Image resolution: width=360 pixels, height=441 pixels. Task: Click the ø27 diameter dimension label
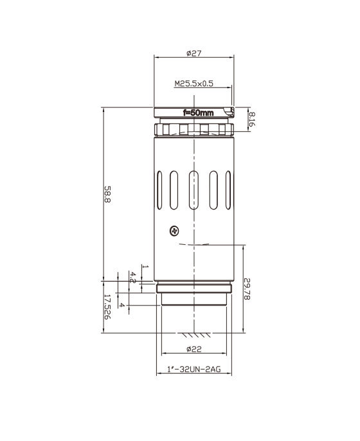[194, 53]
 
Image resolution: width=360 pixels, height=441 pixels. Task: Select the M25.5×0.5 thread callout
[194, 84]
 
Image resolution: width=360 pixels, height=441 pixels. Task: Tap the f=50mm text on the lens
[198, 113]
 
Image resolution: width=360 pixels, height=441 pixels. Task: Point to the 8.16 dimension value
[252, 119]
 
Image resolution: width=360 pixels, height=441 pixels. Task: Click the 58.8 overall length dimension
[108, 194]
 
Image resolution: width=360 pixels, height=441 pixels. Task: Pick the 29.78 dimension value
[247, 289]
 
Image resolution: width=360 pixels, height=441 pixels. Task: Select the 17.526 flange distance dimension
[108, 307]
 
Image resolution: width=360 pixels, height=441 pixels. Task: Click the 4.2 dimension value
[132, 277]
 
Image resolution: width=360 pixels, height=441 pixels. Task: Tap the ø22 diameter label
[194, 349]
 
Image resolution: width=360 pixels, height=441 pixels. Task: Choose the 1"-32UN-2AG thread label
[194, 369]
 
